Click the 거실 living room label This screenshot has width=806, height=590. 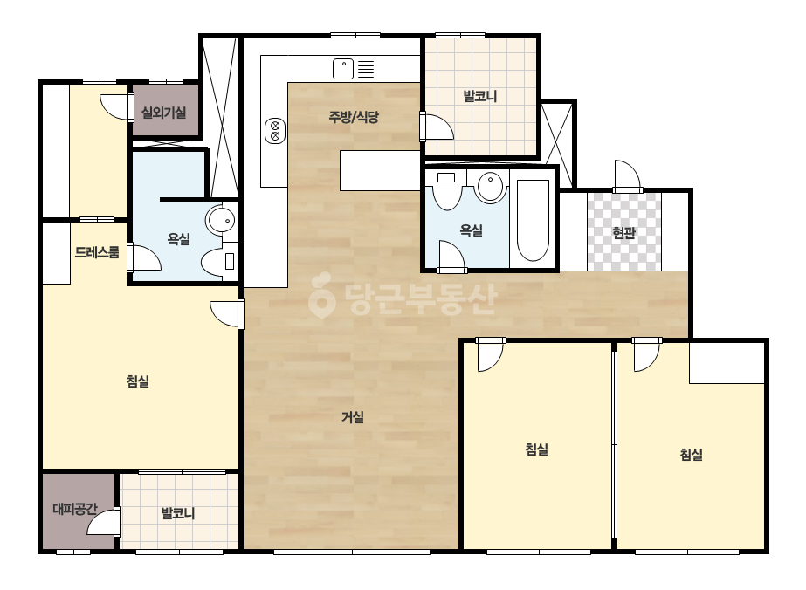point(353,417)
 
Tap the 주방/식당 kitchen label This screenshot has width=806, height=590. point(354,117)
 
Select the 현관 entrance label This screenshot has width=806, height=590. point(624,233)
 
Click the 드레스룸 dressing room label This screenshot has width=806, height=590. point(97,252)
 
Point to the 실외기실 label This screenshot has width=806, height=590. point(164,112)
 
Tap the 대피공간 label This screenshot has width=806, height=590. point(75,509)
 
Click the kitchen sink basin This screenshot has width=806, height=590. point(343,69)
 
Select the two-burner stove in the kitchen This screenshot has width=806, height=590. point(275,130)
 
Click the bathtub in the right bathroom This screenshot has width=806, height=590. point(533,221)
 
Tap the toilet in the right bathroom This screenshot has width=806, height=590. point(447,190)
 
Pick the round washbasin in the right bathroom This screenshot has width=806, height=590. point(491,187)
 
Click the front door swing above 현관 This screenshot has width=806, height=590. point(628,176)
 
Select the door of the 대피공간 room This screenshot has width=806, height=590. point(104,522)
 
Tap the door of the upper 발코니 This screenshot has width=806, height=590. point(436,127)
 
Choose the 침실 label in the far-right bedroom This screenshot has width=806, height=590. point(691,454)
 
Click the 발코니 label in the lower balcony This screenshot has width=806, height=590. point(178,513)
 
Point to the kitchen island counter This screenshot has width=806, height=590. point(380,170)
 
